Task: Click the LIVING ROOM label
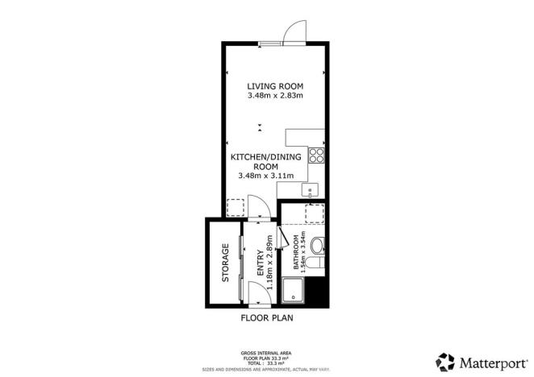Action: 274,85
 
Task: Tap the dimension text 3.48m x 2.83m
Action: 274,96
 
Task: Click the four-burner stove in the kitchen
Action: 317,155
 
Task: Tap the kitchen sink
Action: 311,190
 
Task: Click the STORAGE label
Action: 227,263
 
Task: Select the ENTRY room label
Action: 261,265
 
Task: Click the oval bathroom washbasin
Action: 316,245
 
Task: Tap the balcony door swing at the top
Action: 292,31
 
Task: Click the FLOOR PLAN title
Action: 266,318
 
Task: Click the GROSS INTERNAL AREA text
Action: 266,353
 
